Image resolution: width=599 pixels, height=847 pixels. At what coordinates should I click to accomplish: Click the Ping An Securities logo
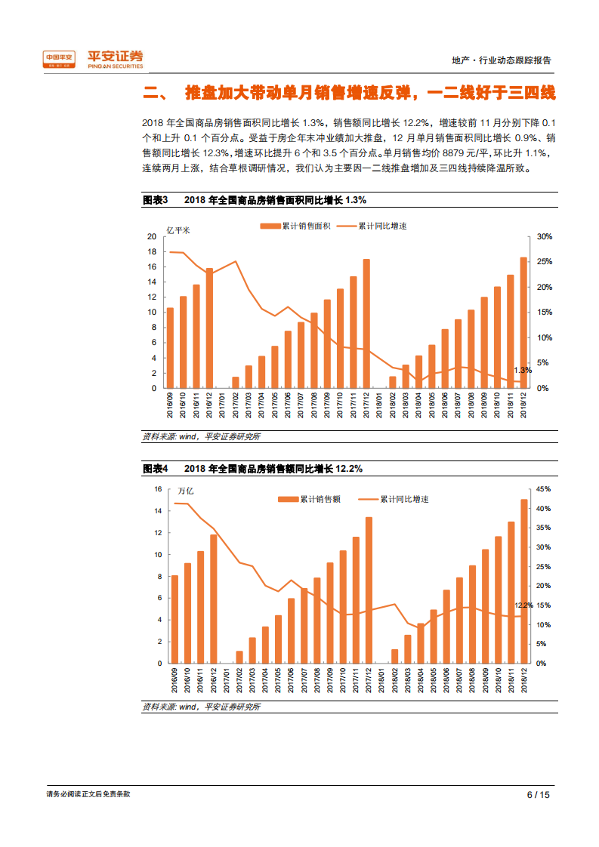point(91,59)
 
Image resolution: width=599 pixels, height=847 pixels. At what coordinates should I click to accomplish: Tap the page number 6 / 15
point(538,794)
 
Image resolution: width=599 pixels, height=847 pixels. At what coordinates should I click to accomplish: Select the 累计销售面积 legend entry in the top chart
point(288,226)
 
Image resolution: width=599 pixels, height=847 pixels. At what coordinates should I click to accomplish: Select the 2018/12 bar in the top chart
point(523,322)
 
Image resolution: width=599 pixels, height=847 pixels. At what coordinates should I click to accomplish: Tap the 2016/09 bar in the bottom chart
point(175,619)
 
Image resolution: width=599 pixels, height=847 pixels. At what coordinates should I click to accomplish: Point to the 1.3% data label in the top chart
point(523,371)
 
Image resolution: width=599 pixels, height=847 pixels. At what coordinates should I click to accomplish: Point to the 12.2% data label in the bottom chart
point(523,605)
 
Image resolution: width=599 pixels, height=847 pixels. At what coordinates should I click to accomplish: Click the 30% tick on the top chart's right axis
point(545,237)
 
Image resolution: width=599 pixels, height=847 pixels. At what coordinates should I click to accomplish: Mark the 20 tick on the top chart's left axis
point(151,237)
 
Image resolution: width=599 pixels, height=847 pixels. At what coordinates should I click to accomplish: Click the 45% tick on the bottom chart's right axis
point(545,489)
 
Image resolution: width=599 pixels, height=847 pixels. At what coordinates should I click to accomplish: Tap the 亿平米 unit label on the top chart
point(179,229)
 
